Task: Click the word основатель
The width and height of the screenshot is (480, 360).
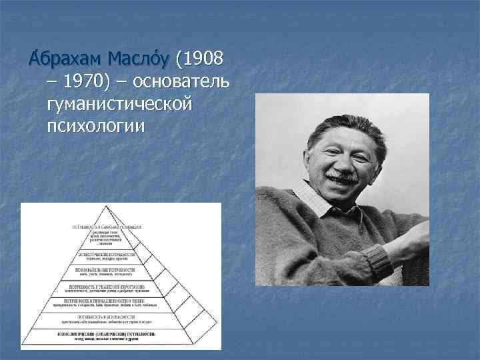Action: [181, 83]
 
